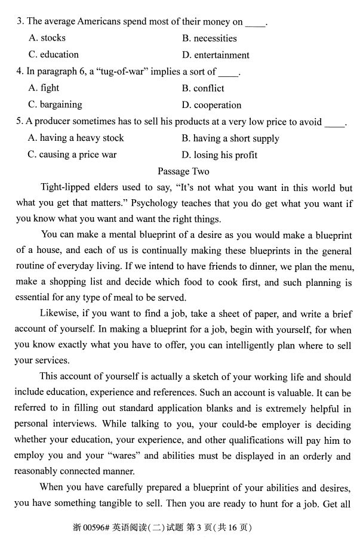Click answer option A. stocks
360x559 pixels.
pos(47,38)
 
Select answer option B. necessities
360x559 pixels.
pos(209,38)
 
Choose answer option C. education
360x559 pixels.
pos(53,55)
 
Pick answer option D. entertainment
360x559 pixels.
pos(216,55)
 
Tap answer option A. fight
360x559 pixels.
pos(44,88)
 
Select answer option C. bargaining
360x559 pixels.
pos(55,105)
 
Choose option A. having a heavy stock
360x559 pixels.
pos(76,138)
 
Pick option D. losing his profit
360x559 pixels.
pos(219,155)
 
